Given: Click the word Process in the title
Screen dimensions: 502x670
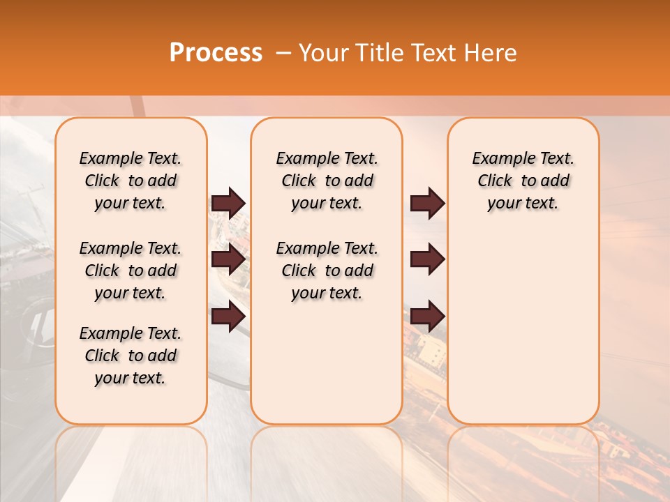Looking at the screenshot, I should click(216, 53).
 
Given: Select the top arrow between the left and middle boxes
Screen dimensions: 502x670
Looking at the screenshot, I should click(228, 203).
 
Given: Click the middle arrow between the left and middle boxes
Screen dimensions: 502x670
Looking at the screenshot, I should click(228, 259).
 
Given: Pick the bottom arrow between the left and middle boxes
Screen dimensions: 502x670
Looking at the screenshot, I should click(228, 316).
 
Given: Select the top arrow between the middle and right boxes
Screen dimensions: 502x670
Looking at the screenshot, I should click(427, 203).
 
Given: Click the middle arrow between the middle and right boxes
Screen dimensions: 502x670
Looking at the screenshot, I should click(427, 259).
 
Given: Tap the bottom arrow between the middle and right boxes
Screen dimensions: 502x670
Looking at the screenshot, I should click(427, 316).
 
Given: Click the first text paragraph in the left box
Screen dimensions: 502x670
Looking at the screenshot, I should click(131, 181).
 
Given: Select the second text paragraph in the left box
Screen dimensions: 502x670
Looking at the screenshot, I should click(131, 271).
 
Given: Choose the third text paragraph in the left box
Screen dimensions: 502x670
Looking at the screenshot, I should click(131, 356).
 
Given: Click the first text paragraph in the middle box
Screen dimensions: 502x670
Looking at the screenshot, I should click(327, 181).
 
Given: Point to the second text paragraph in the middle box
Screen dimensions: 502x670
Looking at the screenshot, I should click(327, 271).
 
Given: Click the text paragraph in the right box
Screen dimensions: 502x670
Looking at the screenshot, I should click(523, 181).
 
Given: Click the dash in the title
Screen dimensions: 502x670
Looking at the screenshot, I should click(283, 53).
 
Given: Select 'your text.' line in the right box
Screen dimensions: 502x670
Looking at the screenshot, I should click(523, 203).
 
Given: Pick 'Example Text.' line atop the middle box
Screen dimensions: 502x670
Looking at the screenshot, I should click(327, 158).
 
